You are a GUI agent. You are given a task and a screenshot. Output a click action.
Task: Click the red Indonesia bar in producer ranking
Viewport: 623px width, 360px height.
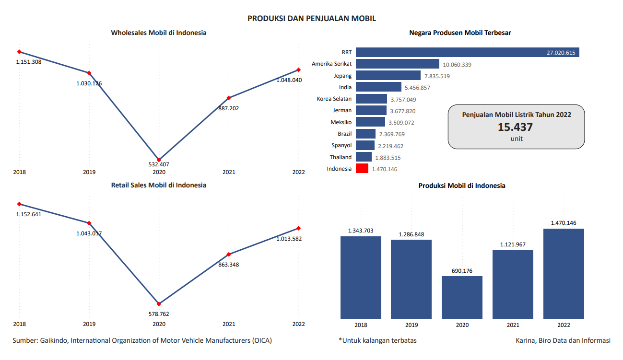(362, 169)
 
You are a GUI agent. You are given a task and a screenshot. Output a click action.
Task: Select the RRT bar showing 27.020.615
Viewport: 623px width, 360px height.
(467, 52)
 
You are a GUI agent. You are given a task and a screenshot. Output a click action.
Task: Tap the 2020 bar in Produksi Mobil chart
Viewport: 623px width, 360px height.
(462, 297)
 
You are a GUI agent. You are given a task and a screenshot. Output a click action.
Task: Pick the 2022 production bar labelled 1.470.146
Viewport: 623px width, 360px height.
(564, 273)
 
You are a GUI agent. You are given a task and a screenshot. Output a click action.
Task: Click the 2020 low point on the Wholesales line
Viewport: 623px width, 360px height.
(159, 160)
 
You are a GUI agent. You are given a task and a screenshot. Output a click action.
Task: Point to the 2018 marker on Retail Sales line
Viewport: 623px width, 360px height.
(19, 204)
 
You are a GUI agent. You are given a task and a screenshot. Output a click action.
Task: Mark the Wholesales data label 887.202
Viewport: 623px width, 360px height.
(228, 108)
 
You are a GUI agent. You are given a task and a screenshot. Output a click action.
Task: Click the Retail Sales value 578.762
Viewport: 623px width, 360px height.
(159, 314)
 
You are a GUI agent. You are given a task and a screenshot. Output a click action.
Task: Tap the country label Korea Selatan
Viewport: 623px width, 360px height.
(334, 99)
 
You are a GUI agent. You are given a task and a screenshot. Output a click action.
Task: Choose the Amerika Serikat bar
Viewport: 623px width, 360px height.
(398, 64)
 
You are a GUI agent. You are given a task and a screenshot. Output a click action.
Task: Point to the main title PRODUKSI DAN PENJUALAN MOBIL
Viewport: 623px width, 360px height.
(312, 18)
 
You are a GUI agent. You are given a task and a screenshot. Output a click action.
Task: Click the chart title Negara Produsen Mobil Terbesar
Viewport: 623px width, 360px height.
(460, 33)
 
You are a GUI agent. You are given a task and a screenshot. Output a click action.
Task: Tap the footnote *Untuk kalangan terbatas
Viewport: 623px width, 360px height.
(377, 340)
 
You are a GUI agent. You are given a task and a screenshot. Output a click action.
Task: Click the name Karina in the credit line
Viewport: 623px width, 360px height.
(526, 340)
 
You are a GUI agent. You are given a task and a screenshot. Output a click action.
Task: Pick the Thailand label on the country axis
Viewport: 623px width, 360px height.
(341, 157)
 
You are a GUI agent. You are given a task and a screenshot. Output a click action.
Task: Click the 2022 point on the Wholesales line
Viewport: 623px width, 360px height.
(298, 70)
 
